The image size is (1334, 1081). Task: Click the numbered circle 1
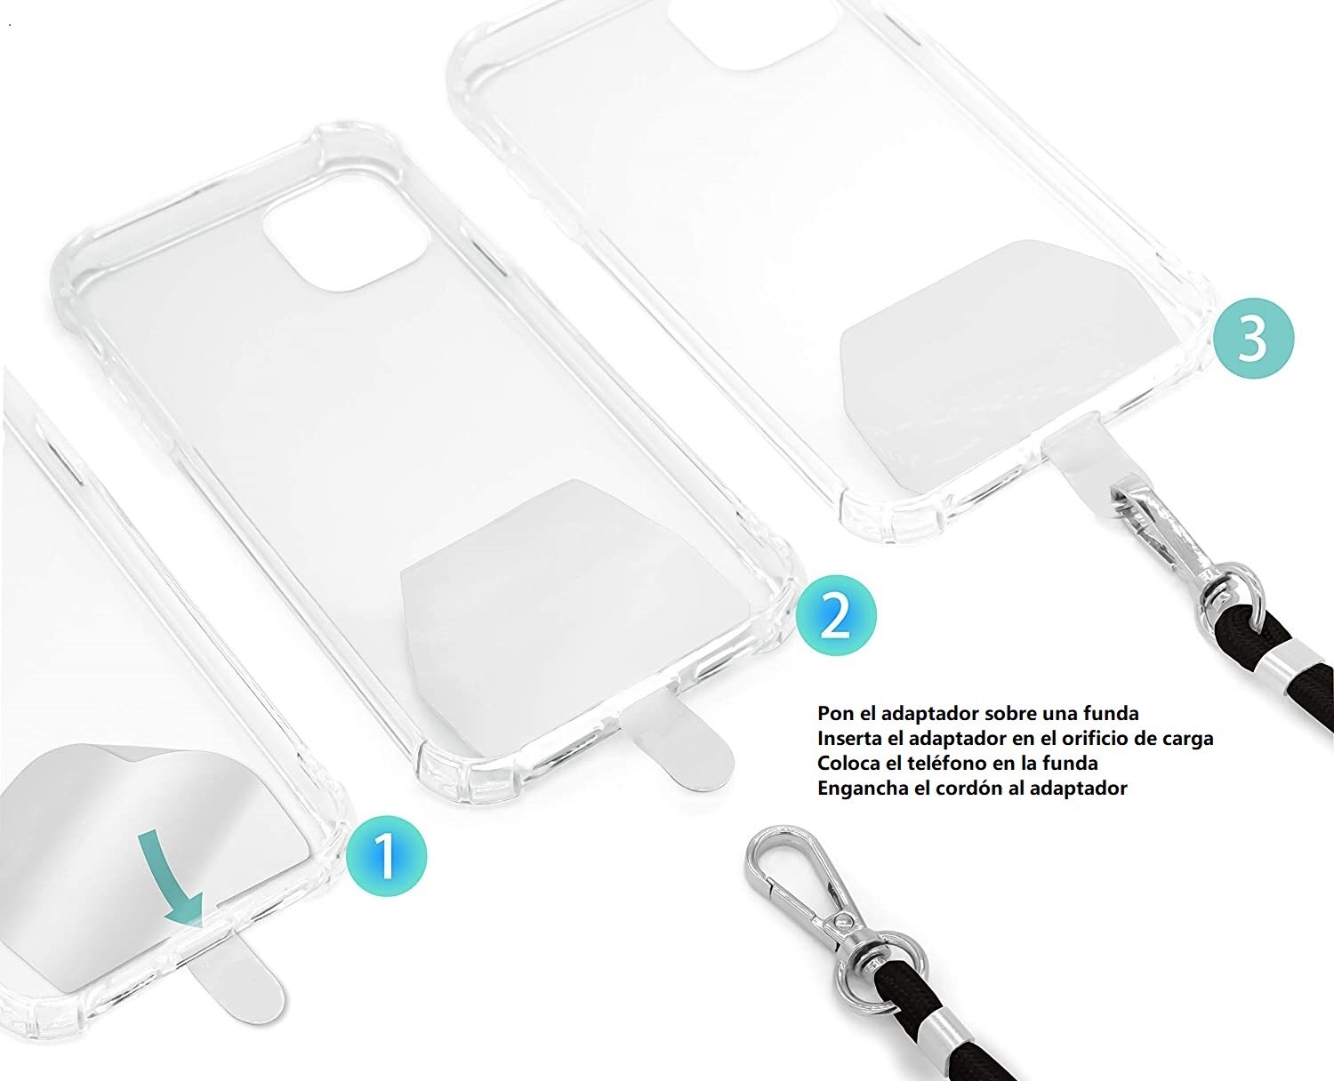(x=386, y=855)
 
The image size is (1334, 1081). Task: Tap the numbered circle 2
(x=835, y=615)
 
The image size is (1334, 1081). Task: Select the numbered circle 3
(x=1254, y=338)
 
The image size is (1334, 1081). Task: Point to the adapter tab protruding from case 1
(x=236, y=987)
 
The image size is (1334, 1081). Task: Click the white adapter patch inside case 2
(x=569, y=569)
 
